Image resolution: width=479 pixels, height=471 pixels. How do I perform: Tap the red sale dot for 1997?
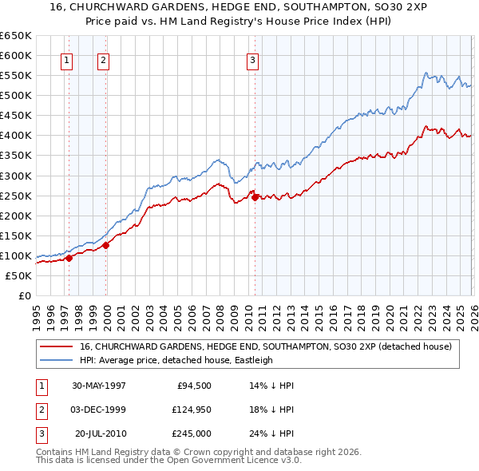tap(69, 258)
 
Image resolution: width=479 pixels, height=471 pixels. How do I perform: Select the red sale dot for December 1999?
tap(105, 245)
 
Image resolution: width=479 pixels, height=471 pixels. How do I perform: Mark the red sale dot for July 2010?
tap(255, 197)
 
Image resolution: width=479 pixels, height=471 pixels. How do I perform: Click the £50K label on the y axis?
tap(18, 275)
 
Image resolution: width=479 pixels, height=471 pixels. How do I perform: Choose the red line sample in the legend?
tap(56, 346)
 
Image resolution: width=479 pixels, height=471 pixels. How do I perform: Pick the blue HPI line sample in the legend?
tap(56, 360)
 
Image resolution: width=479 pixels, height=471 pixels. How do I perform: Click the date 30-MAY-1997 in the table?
tap(99, 385)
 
